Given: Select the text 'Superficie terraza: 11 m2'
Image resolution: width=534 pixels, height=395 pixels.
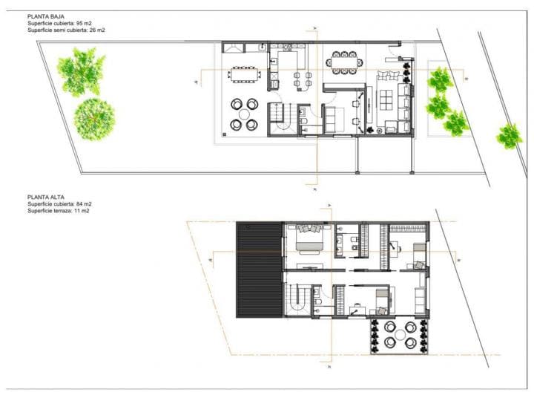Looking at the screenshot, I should [x=59, y=212].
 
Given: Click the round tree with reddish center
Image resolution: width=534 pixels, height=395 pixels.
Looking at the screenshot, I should [x=94, y=119].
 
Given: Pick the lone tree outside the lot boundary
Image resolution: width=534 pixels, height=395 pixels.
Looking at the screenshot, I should [x=509, y=135].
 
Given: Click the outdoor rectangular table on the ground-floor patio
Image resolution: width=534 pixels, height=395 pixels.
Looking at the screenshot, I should [x=243, y=74].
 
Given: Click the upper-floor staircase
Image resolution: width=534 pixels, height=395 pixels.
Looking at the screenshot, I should [x=297, y=301].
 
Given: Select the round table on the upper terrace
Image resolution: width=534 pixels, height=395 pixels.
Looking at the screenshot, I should [x=399, y=334].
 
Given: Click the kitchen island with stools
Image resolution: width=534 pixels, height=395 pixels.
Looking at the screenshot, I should [x=301, y=76].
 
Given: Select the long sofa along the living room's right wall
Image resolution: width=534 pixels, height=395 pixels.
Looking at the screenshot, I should [x=406, y=104].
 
